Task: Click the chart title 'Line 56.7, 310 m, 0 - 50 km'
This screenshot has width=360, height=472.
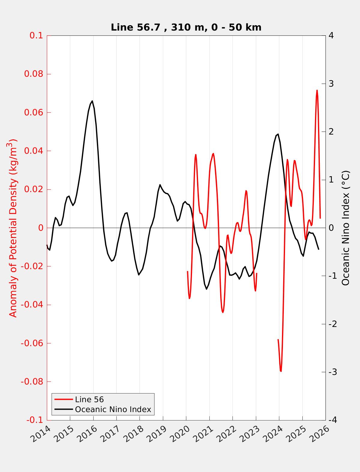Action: tap(186, 27)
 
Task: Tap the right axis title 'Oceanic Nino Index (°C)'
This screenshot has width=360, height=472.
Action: tap(346, 228)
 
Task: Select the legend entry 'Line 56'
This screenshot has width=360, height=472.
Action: tap(89, 399)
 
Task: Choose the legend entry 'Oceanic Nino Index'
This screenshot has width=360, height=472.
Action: tap(113, 409)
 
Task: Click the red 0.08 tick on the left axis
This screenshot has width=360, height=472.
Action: tap(34, 74)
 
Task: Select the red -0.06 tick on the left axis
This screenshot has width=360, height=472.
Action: tap(32, 343)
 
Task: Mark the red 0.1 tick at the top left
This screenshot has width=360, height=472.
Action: tap(36, 36)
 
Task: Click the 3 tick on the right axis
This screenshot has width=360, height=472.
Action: tap(331, 84)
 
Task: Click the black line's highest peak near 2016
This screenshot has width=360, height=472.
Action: tap(92, 101)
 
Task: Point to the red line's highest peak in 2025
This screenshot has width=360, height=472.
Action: tap(317, 90)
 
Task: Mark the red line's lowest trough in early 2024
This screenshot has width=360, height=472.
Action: tap(281, 371)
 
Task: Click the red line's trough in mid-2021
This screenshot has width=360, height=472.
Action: tap(223, 312)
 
